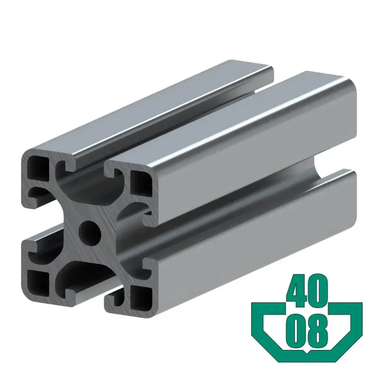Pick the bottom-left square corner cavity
[x=37, y=283]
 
